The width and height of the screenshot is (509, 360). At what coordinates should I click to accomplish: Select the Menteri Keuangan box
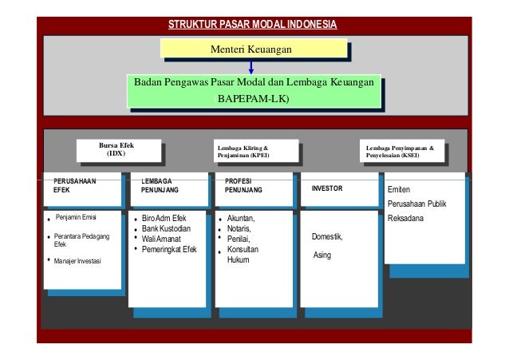pos(251,50)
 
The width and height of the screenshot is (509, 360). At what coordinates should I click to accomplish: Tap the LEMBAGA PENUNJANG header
pos(160,187)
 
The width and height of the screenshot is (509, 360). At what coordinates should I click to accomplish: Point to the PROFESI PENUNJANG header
pos(244,187)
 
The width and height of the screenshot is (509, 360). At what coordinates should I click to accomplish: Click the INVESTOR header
pos(328,190)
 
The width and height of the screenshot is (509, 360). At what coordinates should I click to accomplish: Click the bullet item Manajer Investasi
pos(83,260)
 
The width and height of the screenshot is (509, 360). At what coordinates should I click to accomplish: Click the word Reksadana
pos(405,219)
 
